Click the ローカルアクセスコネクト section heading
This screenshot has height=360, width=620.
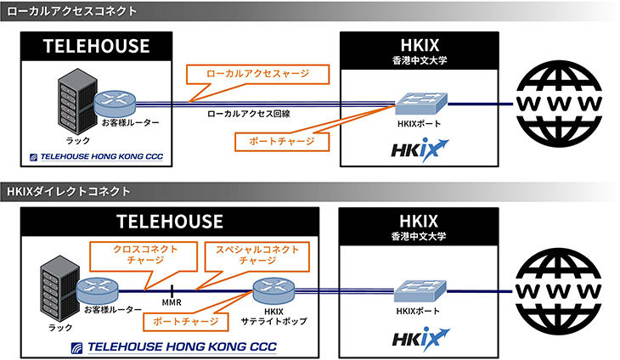[72, 11]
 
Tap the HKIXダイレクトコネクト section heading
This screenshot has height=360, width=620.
[69, 192]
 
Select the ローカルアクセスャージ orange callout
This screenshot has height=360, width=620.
[258, 74]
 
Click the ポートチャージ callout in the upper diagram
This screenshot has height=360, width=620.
[282, 142]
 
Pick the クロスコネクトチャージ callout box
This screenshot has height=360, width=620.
[144, 256]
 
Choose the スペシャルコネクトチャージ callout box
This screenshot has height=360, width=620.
[257, 256]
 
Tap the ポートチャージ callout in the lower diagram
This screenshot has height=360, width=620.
[185, 322]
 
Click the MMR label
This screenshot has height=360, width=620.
[172, 302]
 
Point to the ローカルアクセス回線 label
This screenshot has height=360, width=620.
[249, 114]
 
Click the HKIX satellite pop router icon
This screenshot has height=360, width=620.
[273, 290]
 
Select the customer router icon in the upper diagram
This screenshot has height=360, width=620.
[115, 103]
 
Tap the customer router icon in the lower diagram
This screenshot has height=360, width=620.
[98, 290]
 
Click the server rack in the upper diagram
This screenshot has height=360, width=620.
[77, 101]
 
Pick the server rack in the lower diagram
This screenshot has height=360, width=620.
[60, 288]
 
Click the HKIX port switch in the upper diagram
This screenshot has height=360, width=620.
[421, 104]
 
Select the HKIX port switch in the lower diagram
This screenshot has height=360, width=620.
[420, 291]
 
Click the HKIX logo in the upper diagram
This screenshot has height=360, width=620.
[420, 149]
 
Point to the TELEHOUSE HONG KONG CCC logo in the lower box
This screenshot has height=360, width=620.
[174, 347]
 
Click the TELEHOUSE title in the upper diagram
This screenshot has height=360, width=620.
[97, 46]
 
